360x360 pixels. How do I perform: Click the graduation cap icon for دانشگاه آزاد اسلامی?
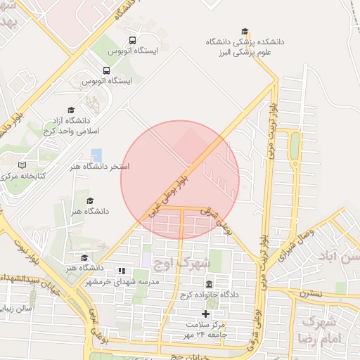[70, 110]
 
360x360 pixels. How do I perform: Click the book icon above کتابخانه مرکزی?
[22, 165]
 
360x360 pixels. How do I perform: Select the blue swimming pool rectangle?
[96, 154]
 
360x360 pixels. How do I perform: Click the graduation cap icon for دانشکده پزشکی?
[245, 31]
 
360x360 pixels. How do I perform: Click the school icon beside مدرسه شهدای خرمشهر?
[121, 270]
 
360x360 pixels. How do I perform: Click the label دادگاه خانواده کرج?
[210, 295]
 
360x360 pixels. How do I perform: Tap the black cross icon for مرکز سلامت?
[206, 314]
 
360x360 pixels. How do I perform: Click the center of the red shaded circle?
[180, 180]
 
